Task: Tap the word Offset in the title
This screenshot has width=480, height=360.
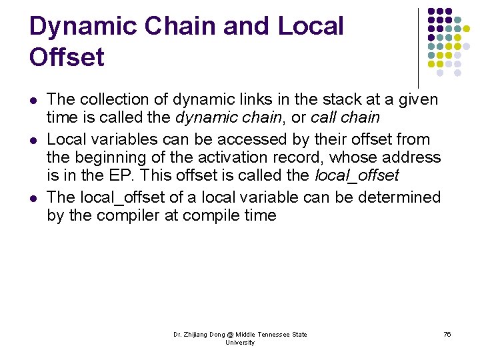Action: click(x=67, y=57)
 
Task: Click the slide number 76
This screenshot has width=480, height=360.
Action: click(x=447, y=334)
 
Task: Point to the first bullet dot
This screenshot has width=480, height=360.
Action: click(x=33, y=101)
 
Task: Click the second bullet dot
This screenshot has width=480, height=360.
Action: click(x=33, y=140)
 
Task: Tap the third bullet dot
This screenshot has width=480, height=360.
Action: click(x=33, y=198)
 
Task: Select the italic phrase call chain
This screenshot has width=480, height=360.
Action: click(x=345, y=119)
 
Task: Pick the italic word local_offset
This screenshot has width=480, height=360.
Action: click(x=357, y=176)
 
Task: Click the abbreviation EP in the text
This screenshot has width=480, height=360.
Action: click(x=114, y=176)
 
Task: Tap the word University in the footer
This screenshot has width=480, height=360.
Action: click(x=240, y=343)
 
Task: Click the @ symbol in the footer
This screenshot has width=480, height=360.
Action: click(x=231, y=335)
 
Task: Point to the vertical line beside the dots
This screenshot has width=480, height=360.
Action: click(x=419, y=47)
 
